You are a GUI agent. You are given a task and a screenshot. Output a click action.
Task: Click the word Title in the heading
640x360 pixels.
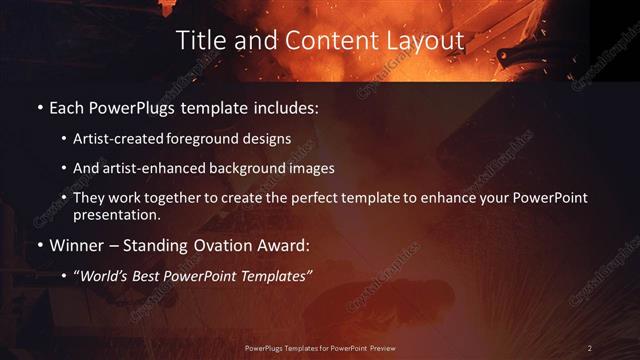(x=198, y=40)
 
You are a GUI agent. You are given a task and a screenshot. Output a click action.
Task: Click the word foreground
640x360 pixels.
(x=212, y=139)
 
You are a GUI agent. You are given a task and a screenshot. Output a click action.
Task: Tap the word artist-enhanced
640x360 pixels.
(x=148, y=168)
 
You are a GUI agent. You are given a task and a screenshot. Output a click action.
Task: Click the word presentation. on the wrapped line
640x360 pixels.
(x=117, y=214)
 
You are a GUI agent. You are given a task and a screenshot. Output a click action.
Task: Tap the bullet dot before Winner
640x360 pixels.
(x=39, y=244)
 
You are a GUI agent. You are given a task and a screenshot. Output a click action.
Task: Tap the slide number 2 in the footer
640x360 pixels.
(x=589, y=348)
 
